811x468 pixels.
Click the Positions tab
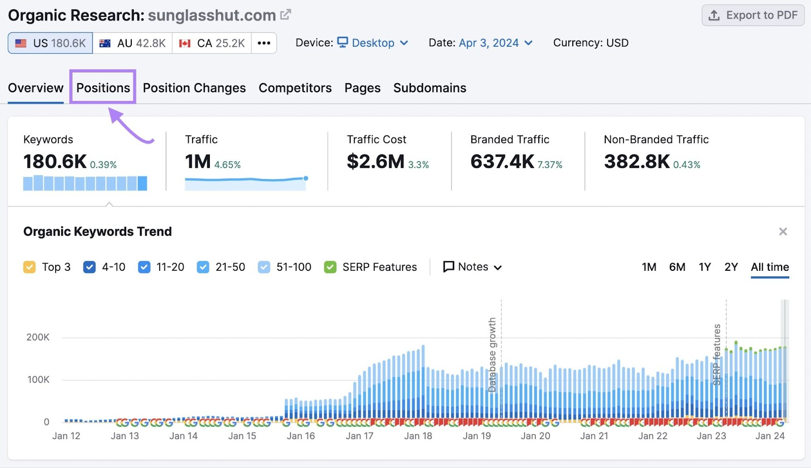[x=103, y=88]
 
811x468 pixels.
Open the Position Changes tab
[x=194, y=88]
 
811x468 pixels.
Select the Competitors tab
[x=295, y=88]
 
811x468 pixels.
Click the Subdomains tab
[x=429, y=88]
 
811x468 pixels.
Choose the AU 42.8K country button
[x=133, y=43]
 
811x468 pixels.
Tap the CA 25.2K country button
[x=212, y=43]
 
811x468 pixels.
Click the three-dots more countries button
[x=264, y=43]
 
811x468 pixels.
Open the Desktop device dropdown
[x=374, y=43]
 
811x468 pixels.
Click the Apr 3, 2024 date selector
[x=489, y=43]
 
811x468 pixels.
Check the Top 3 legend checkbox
[x=29, y=267]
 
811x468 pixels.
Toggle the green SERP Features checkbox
[x=330, y=267]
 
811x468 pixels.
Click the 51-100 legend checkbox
[x=264, y=267]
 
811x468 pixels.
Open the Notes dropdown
[x=472, y=267]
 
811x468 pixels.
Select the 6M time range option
[x=677, y=267]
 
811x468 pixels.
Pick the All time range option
[x=769, y=267]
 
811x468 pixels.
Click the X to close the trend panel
[x=783, y=232]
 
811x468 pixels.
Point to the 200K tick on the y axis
[x=38, y=337]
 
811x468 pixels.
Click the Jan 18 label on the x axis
[x=418, y=436]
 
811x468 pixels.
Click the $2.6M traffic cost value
[x=376, y=162]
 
